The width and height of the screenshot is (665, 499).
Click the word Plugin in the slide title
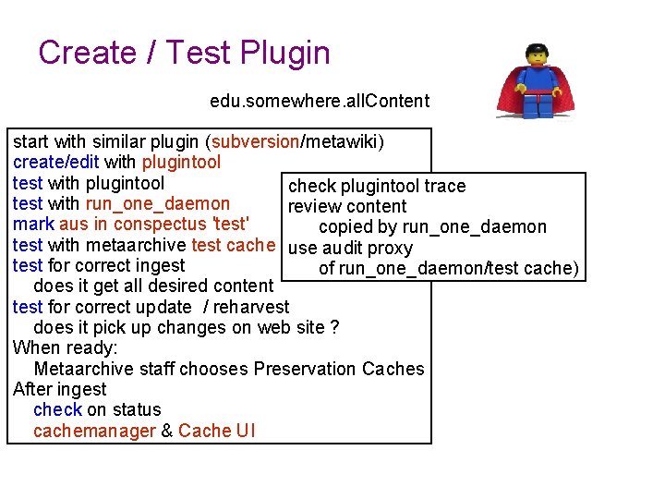coord(284,53)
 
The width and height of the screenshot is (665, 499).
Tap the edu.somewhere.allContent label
coord(320,100)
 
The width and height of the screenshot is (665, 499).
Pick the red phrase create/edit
coord(56,163)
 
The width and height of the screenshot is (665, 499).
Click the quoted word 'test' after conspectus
coord(231,225)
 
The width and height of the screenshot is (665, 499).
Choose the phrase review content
coord(347,206)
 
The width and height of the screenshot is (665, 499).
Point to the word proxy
coord(392,248)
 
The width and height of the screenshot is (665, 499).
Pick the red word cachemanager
coord(94,431)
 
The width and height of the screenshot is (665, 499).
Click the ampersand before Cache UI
coord(167,431)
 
